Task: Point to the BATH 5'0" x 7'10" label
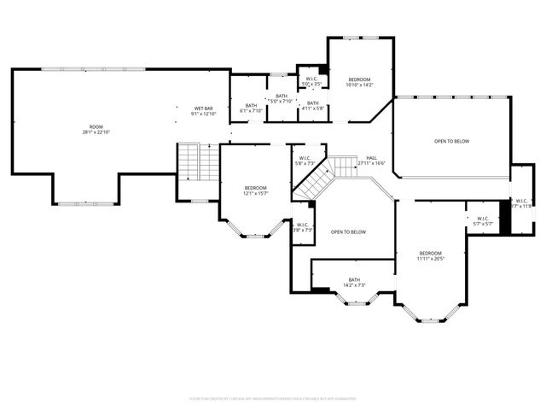coord(281,98)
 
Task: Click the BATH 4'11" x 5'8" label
coord(313,106)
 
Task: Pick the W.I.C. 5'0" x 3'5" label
coord(312,81)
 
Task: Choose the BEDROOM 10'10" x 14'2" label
coord(360,82)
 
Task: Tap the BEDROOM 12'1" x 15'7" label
coord(255,190)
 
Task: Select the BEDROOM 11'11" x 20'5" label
coord(430,255)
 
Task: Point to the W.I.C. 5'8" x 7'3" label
coord(305,160)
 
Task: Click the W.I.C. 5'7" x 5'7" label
coord(482,220)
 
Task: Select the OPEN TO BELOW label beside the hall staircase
coord(348,232)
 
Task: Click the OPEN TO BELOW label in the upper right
coord(451,141)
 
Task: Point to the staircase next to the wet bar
coord(198,161)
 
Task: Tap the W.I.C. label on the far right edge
coord(521,203)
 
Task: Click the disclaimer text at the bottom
coord(272,398)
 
